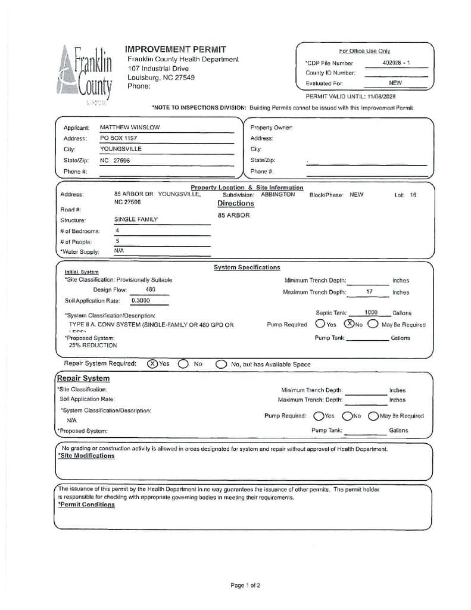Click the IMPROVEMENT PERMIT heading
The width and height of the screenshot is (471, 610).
[175, 49]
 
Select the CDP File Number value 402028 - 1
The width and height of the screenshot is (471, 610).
[396, 63]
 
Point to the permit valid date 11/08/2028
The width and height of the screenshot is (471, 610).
[381, 96]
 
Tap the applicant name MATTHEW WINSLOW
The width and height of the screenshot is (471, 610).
[130, 127]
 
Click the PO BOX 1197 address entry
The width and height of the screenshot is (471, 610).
[118, 138]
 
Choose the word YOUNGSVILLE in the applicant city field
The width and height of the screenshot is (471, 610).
[121, 149]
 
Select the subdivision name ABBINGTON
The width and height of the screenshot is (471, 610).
[277, 194]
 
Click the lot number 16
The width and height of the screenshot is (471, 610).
[413, 195]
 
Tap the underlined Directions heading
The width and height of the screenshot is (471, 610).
[236, 204]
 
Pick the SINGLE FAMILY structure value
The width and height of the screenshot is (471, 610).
[136, 219]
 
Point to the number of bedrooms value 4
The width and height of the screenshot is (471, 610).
[117, 230]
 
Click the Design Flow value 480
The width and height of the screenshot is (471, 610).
[151, 290]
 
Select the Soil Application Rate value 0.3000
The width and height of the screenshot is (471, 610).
[141, 301]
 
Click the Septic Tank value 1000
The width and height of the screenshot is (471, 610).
[371, 313]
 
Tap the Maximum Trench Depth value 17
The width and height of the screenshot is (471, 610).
[369, 292]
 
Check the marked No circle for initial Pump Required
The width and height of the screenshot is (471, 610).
[350, 324]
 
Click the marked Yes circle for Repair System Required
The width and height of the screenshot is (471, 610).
[152, 363]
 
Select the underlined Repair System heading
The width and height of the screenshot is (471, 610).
[83, 378]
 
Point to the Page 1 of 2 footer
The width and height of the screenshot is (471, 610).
[245, 585]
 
